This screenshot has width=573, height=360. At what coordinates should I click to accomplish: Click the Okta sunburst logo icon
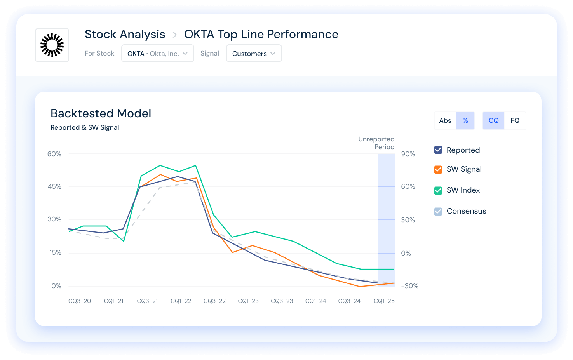(x=52, y=45)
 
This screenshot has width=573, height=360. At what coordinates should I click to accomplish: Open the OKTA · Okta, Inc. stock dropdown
(x=157, y=54)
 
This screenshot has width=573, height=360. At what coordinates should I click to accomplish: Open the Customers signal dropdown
(x=254, y=54)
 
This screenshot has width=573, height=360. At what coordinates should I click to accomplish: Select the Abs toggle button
(x=445, y=121)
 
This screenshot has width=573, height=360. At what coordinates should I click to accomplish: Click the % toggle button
(x=465, y=121)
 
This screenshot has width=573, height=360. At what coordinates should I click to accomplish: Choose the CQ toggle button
(x=493, y=121)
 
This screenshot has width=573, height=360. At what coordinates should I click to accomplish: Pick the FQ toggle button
(x=515, y=121)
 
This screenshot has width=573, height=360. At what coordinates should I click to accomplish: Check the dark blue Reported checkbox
(x=438, y=150)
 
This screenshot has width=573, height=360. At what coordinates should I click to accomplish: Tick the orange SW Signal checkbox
(x=438, y=169)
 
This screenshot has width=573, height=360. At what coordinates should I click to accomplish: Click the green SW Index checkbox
(x=438, y=190)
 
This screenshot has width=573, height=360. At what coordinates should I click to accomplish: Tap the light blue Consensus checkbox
(x=438, y=211)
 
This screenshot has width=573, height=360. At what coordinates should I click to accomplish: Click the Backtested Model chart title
(x=101, y=113)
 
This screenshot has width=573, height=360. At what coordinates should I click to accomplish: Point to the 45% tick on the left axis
(x=54, y=186)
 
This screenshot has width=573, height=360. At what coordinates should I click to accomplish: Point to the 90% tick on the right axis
(x=408, y=154)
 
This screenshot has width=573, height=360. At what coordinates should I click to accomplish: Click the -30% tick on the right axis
(x=410, y=286)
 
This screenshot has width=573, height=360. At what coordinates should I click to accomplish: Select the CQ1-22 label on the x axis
(x=181, y=301)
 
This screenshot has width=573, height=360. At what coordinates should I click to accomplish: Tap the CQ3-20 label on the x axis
(x=80, y=301)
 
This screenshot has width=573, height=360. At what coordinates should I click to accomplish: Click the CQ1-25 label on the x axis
(x=384, y=301)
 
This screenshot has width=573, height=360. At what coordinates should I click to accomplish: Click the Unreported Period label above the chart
(x=376, y=143)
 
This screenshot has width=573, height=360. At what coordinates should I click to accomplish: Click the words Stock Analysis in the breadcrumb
(x=125, y=34)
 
